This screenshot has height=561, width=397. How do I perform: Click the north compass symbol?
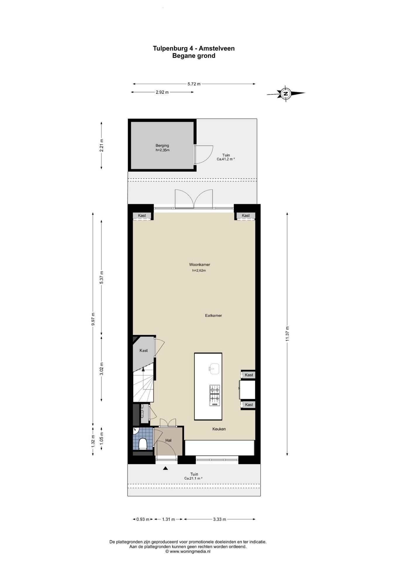click(286, 94)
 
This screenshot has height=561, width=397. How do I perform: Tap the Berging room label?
click(162, 146)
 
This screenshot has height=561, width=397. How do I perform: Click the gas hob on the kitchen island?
click(215, 395)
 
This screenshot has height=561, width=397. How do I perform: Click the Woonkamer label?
click(200, 265)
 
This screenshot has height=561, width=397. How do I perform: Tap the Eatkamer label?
click(213, 316)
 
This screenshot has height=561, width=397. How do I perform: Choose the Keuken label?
click(219, 429)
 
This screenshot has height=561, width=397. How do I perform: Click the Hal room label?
click(168, 440)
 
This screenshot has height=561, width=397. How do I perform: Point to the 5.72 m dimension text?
click(194, 84)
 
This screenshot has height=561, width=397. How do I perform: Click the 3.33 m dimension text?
click(220, 519)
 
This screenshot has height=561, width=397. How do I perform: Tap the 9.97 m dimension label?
click(93, 319)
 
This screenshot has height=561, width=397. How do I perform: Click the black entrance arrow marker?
click(165, 468)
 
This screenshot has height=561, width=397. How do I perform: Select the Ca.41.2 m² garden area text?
click(226, 159)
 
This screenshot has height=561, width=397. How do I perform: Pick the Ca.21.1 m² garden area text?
click(193, 478)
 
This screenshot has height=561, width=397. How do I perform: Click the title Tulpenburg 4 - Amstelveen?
click(194, 48)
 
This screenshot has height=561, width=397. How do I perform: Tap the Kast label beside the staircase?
click(144, 350)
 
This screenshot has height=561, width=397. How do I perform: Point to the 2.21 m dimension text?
click(102, 145)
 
